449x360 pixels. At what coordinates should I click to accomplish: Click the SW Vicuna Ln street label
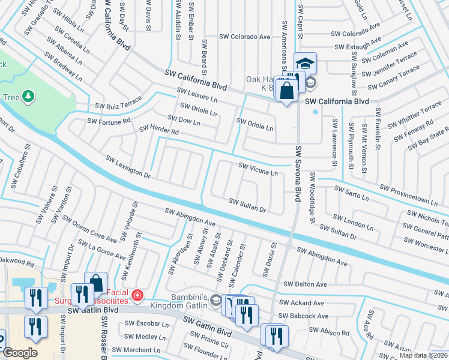click(x=259, y=170)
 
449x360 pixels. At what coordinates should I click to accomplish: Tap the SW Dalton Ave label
click(x=306, y=284)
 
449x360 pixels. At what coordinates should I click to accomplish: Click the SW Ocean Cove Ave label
click(x=85, y=231)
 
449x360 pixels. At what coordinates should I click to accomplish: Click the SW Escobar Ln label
click(x=145, y=324)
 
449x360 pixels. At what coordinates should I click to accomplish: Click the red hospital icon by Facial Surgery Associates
click(x=137, y=295)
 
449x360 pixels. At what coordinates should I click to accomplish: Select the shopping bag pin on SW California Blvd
click(x=288, y=91)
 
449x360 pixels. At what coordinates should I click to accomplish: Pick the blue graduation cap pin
click(x=305, y=63)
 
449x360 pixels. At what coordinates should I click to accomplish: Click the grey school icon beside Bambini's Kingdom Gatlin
click(x=215, y=304)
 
